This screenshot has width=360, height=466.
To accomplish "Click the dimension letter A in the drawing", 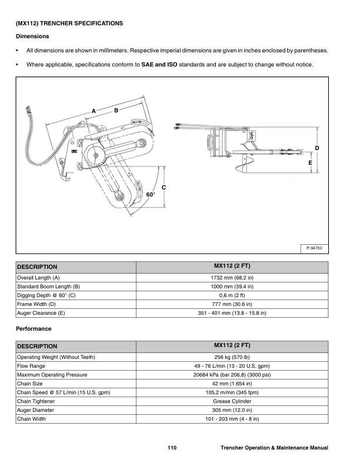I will coord(94,111).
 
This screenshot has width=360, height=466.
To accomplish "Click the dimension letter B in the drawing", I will coord(116,110).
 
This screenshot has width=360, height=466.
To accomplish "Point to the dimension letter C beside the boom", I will coord(164,187).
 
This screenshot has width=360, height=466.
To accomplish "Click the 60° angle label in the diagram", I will coord(151,194).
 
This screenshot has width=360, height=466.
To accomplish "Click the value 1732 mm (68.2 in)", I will coord(232,277).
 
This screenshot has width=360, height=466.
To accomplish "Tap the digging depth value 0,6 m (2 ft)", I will coord(232,295).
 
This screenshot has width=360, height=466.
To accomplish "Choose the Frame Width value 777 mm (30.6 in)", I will coord(232,304).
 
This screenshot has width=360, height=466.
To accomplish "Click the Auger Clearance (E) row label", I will coord(41,314).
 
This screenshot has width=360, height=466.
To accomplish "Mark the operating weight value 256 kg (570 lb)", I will coord(232,357).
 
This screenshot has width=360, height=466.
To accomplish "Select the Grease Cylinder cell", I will coord(232,401).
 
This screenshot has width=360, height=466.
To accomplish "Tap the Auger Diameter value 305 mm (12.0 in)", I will coord(232,410).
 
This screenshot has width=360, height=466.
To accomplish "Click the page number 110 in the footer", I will coord(172,448).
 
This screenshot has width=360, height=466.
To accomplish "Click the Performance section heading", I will coord(34,328).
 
